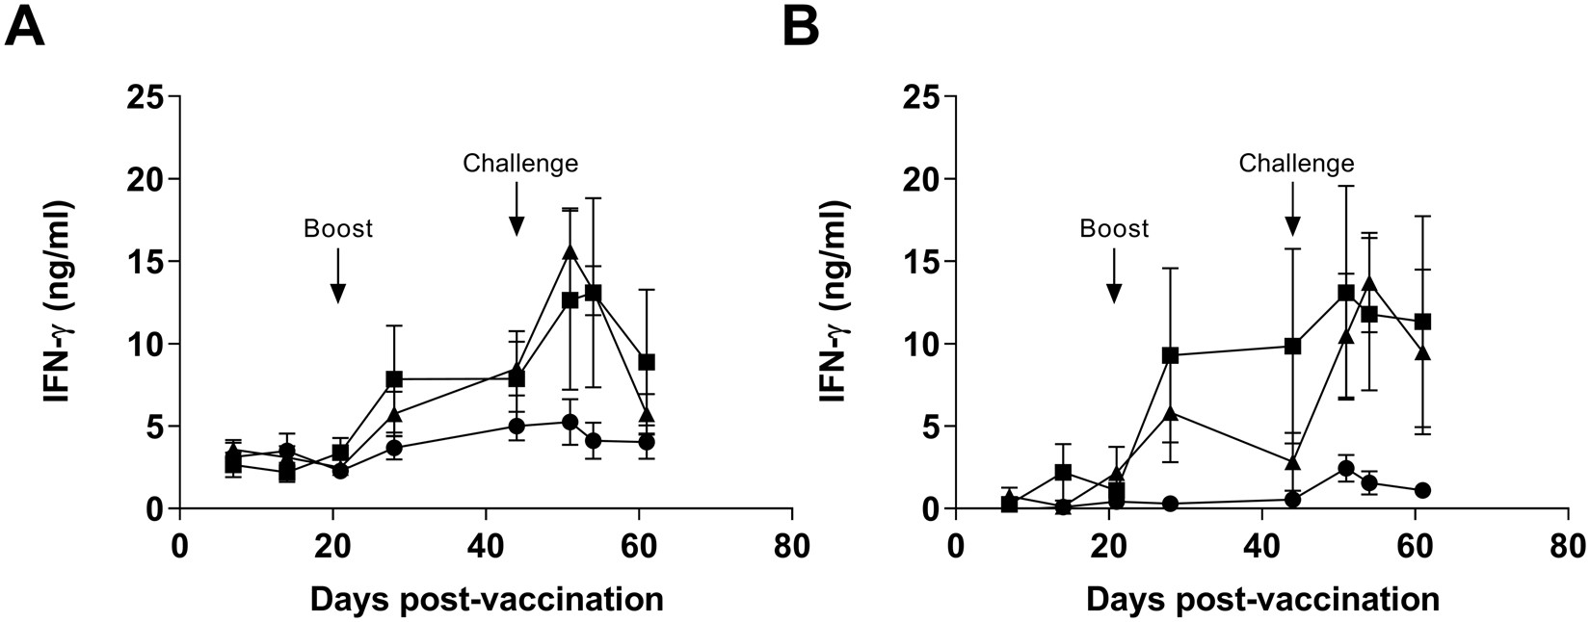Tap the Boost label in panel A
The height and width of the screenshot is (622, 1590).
tap(337, 229)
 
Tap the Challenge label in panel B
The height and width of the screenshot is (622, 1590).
tap(1296, 164)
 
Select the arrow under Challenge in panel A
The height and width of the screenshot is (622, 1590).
tap(517, 209)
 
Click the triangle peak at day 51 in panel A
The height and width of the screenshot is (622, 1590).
tap(570, 251)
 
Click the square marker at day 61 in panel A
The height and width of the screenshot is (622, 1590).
tap(647, 362)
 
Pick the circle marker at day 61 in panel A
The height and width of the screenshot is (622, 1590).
tap(647, 442)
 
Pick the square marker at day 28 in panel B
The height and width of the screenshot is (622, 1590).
tap(1170, 355)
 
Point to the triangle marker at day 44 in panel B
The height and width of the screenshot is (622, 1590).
tap(1293, 462)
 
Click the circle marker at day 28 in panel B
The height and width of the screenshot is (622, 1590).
tap(1170, 504)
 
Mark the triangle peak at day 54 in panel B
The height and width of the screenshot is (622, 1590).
tap(1369, 283)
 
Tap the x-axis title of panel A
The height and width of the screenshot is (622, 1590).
tap(486, 599)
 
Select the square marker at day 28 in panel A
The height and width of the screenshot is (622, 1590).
tap(393, 379)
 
